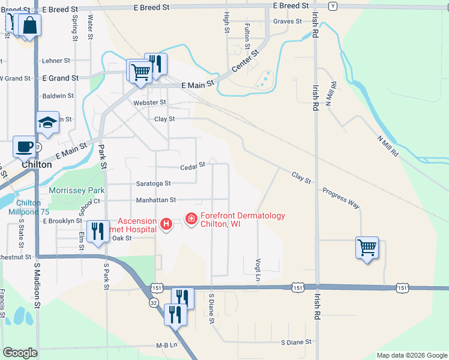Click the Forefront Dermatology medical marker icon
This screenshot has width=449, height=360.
(x=191, y=220)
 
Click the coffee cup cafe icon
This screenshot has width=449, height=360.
(x=25, y=147)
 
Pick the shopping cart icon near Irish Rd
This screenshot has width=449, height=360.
(x=367, y=247)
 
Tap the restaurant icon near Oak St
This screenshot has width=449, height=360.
(x=98, y=231)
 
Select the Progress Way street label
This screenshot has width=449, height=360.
(x=341, y=199)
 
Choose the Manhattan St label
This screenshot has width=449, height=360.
(x=155, y=200)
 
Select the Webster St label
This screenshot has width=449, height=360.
(x=149, y=103)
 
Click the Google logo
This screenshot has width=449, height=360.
(x=20, y=353)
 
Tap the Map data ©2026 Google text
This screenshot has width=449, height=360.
(x=411, y=355)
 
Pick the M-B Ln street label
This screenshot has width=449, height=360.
(x=167, y=345)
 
